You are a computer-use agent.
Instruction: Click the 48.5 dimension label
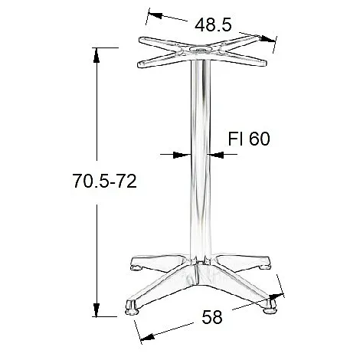click(x=213, y=25)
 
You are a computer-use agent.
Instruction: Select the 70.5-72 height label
click(x=104, y=181)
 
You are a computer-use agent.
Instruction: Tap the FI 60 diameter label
click(x=249, y=139)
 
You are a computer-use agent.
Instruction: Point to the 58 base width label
click(x=212, y=317)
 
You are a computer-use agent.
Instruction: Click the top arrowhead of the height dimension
click(x=97, y=55)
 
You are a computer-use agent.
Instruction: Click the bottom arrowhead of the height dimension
click(x=97, y=309)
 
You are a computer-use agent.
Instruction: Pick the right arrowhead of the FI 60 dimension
click(x=215, y=155)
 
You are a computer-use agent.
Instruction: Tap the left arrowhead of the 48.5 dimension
click(x=155, y=15)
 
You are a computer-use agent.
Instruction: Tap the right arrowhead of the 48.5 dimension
click(x=268, y=39)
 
